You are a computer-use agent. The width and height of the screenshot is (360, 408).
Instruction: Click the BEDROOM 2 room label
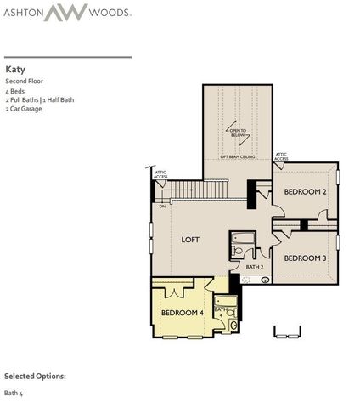[305, 192]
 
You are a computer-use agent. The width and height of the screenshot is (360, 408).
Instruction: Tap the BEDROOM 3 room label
[305, 258]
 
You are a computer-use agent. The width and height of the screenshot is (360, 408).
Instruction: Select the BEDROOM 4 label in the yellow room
[181, 313]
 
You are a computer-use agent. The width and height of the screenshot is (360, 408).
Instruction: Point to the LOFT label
[191, 240]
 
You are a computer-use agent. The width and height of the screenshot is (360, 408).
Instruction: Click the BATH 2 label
[255, 267]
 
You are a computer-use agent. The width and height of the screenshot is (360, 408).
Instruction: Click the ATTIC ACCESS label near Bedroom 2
[282, 156]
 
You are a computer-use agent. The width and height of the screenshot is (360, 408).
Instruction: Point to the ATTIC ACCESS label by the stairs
[160, 173]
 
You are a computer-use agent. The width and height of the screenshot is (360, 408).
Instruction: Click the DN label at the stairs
[161, 207]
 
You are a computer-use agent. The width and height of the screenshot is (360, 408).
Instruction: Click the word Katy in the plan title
[14, 69]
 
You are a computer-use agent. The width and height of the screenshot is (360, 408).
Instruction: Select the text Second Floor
[23, 81]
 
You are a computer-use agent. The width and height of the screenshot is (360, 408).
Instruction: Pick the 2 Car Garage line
[24, 109]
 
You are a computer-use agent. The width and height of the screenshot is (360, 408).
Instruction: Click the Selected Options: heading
[35, 375]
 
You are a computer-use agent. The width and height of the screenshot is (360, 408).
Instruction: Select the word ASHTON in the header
[31, 13]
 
